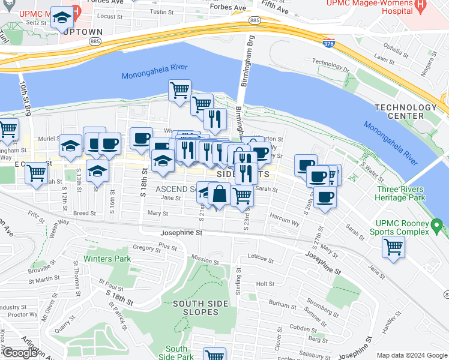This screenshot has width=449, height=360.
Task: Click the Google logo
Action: (x=19, y=353)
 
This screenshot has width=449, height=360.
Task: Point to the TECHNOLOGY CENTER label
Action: (x=405, y=112)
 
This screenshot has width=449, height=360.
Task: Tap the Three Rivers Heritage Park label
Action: (x=400, y=193)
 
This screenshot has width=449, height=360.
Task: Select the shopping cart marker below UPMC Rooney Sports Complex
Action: (x=393, y=246)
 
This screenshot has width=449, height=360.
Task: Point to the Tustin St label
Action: (x=161, y=11)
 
